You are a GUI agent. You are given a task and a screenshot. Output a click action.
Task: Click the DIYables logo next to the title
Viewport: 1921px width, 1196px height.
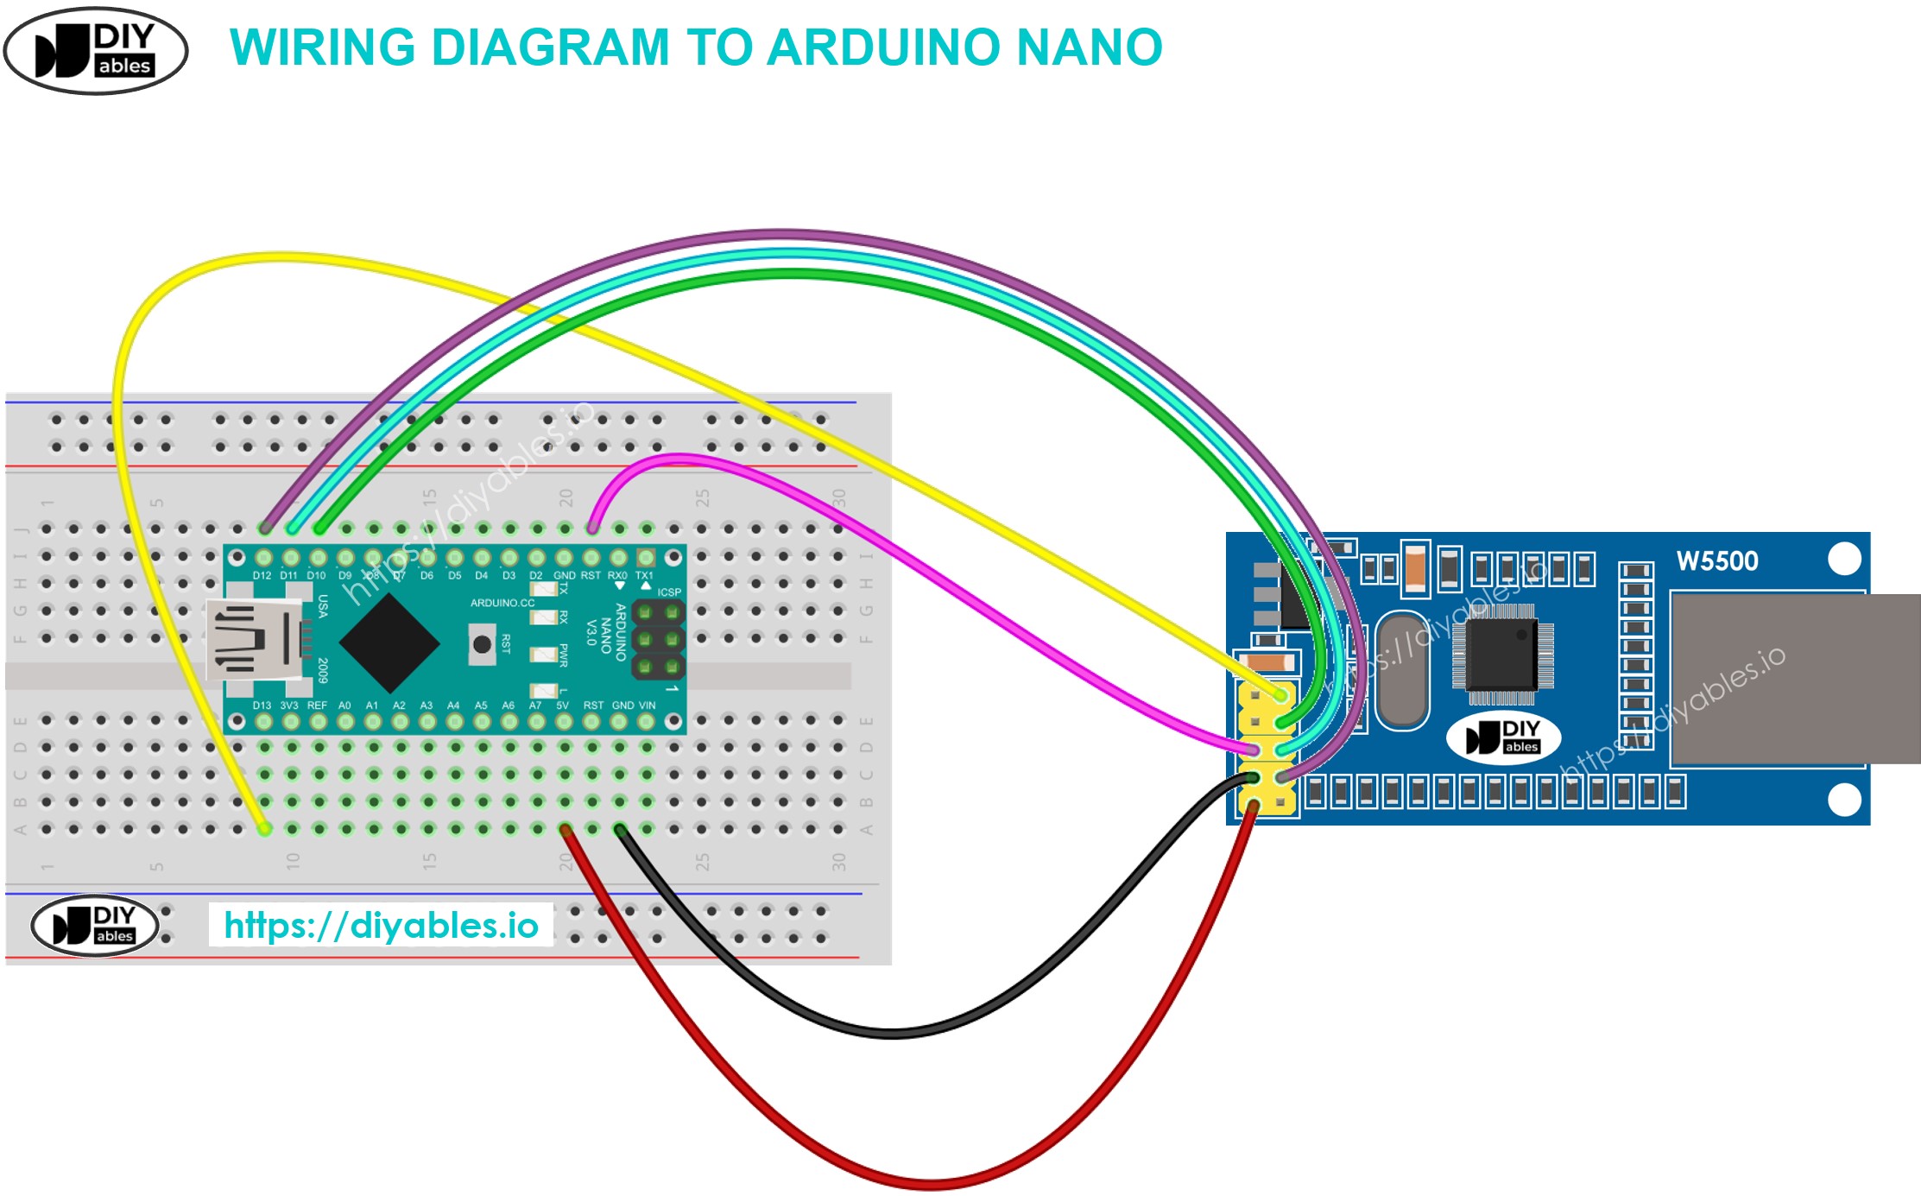coord(96,50)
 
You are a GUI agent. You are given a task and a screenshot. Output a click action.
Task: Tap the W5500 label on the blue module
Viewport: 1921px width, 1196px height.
coord(1716,561)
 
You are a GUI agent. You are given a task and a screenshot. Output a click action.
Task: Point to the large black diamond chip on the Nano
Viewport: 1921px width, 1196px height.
coord(389,642)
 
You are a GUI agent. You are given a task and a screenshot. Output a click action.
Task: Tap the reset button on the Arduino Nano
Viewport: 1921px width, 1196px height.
coord(482,644)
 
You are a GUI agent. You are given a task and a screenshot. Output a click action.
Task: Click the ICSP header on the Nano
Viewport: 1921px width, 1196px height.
coord(659,640)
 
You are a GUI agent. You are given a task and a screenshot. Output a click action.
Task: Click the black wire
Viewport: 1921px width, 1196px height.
coord(889,1031)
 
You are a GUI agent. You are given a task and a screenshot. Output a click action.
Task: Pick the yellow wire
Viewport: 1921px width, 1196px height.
coord(259,257)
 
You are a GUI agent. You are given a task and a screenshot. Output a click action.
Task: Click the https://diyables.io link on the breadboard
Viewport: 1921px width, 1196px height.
coord(381,925)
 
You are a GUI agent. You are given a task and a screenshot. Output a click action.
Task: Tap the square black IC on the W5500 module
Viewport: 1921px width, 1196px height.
coord(1502,654)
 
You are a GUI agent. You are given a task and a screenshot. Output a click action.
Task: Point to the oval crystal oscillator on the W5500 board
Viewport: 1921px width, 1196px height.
coord(1401,669)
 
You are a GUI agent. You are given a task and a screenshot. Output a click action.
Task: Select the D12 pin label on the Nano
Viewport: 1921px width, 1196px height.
coord(262,575)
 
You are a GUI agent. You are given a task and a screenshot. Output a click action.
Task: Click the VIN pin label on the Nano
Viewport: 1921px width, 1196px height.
coord(647,706)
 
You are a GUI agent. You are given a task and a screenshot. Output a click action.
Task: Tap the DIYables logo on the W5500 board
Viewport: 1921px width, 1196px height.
coord(1503,737)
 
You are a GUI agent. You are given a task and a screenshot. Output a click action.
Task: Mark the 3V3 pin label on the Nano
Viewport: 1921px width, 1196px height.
coord(288,706)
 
